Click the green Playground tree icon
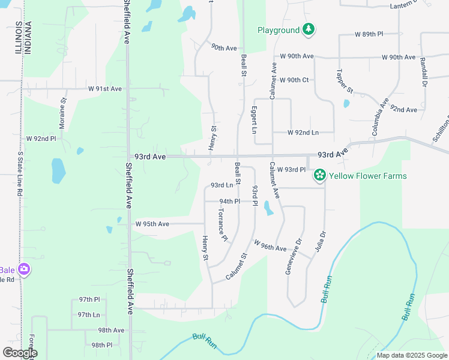click(308, 29)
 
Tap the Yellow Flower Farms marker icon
click(320, 175)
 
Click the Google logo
click(20, 353)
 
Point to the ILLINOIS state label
click(17, 37)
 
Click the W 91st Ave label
click(105, 89)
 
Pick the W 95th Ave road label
click(152, 224)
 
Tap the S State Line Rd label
click(19, 174)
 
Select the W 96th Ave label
click(270, 246)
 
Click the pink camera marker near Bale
click(24, 269)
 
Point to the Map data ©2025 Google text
click(411, 355)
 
